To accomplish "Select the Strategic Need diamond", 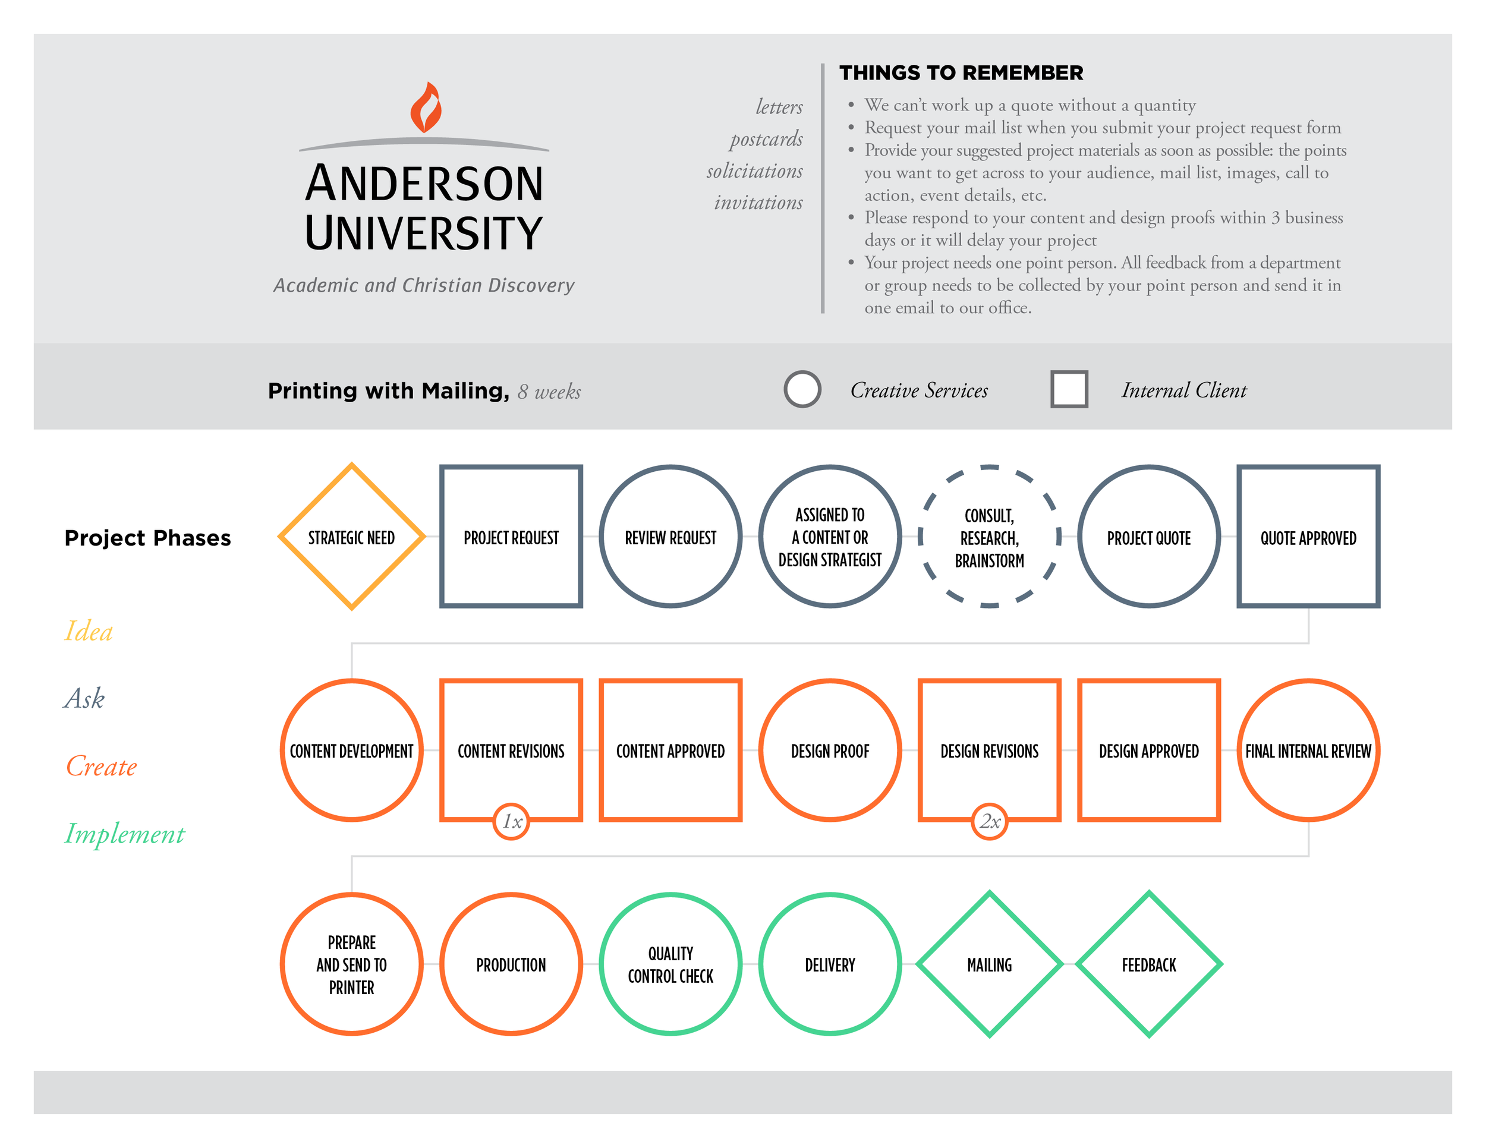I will pyautogui.click(x=351, y=537).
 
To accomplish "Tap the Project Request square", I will pyautogui.click(x=511, y=537).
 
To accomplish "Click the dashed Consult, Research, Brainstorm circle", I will pyautogui.click(x=989, y=537).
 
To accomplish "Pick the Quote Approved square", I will pyautogui.click(x=1308, y=537).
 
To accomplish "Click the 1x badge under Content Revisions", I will pyautogui.click(x=512, y=822).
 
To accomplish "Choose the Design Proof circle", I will pyautogui.click(x=830, y=751).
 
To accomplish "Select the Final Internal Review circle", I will pyautogui.click(x=1308, y=751).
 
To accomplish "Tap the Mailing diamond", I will pyautogui.click(x=989, y=964).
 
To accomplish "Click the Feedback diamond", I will pyautogui.click(x=1148, y=964).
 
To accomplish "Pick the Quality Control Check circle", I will pyautogui.click(x=670, y=964).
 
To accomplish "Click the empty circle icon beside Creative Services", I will pyautogui.click(x=802, y=390).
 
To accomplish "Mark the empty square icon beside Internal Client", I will pyautogui.click(x=1069, y=390).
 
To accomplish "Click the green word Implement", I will pyautogui.click(x=124, y=834).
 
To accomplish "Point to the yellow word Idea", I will pyautogui.click(x=89, y=631).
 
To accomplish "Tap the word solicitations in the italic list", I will pyautogui.click(x=754, y=171).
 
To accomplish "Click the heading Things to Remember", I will pyautogui.click(x=961, y=72).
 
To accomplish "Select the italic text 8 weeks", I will pyautogui.click(x=549, y=392).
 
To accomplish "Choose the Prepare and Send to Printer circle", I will pyautogui.click(x=351, y=964).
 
